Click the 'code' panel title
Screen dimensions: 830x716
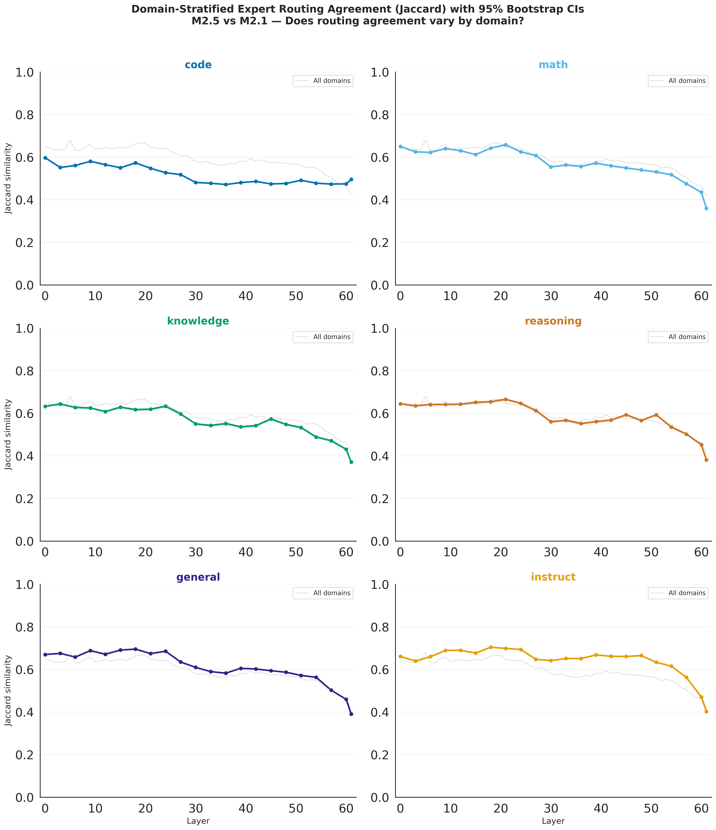(198, 65)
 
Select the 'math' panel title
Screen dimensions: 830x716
(553, 65)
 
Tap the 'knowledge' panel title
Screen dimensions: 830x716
(198, 321)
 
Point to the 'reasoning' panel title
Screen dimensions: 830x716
(553, 321)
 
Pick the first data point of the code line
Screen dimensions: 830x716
(45, 158)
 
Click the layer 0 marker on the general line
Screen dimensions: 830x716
(45, 655)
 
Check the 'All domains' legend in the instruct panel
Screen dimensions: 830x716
(678, 593)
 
